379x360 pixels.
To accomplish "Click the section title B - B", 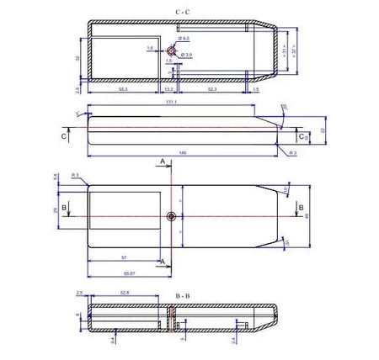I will [182, 297].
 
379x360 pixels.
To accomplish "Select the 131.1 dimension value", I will [171, 103].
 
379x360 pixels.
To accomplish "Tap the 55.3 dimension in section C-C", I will [123, 88].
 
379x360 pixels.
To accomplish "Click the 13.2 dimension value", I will [168, 88].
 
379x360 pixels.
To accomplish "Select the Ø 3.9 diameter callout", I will [187, 54].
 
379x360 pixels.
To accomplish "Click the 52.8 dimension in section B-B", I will [125, 292].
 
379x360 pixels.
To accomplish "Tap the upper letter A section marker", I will [162, 160].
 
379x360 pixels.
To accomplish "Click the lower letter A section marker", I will [162, 262].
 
